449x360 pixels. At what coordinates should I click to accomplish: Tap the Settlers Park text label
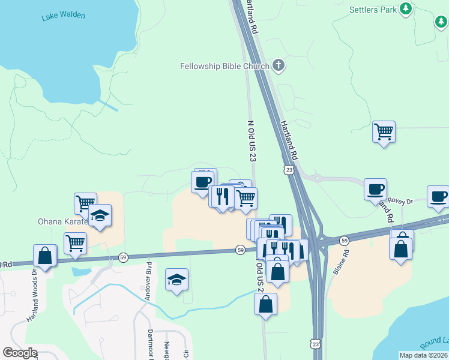[x=373, y=9]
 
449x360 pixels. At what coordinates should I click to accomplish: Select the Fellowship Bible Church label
[x=224, y=65]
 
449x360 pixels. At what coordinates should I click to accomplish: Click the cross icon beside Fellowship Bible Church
[x=278, y=65]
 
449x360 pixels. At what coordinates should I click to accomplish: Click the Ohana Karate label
[x=62, y=221]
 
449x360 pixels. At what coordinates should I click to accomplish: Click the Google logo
[x=19, y=353]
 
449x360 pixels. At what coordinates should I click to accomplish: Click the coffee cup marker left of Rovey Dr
[x=376, y=190]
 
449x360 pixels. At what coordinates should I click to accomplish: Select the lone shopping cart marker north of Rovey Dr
[x=384, y=131]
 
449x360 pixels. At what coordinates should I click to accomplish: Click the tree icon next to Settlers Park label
[x=406, y=8]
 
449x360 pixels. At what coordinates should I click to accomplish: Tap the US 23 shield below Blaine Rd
[x=316, y=344]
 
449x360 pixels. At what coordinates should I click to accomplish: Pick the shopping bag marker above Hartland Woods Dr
[x=45, y=256]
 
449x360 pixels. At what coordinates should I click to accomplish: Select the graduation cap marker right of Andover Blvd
[x=176, y=280]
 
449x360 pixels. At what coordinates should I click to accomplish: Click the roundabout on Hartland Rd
[x=318, y=178]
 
